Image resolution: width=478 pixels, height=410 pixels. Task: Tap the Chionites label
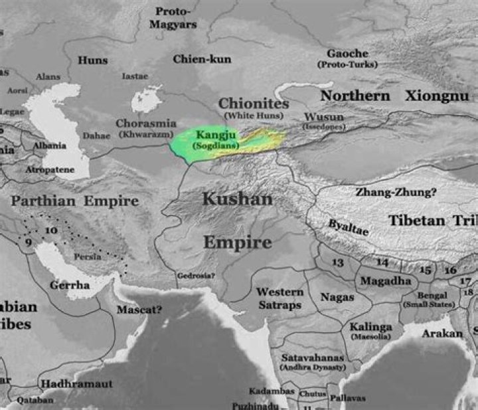tap(254, 104)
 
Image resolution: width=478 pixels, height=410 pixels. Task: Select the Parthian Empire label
tap(75, 201)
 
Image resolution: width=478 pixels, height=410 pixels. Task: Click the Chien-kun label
tap(202, 59)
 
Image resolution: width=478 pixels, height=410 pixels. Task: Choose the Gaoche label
tap(347, 53)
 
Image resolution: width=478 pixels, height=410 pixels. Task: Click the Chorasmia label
tap(146, 123)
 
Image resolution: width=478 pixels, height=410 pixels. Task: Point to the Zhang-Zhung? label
tap(396, 192)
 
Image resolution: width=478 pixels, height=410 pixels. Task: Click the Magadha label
tap(385, 281)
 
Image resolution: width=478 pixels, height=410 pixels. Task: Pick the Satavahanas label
tap(313, 357)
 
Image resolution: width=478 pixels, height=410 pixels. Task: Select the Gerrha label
tap(70, 285)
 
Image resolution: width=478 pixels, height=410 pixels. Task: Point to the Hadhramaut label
tap(76, 384)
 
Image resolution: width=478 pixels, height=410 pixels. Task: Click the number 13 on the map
tap(338, 262)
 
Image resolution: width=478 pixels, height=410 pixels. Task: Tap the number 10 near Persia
tap(51, 230)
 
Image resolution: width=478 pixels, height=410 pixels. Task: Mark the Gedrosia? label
tap(197, 275)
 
